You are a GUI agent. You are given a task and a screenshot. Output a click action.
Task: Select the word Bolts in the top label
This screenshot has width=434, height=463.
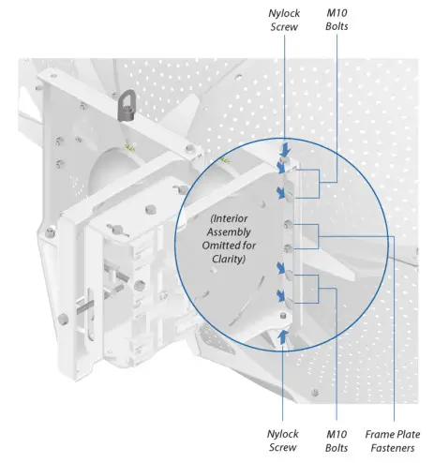(337, 26)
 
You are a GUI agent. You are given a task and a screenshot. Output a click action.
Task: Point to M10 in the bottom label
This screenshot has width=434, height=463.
(338, 434)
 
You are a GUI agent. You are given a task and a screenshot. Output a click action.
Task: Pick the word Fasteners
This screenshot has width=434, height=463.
(394, 447)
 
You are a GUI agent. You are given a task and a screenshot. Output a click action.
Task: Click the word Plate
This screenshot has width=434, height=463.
(409, 434)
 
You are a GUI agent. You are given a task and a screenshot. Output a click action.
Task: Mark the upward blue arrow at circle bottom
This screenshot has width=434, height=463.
(282, 335)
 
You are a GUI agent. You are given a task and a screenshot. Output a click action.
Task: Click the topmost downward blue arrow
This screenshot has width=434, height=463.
(282, 149)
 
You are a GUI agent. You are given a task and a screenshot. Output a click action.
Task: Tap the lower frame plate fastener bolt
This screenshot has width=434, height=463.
(286, 247)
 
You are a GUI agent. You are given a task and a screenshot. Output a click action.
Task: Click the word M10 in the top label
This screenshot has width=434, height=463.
(337, 13)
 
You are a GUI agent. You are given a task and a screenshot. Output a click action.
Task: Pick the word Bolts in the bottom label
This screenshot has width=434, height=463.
(338, 447)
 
